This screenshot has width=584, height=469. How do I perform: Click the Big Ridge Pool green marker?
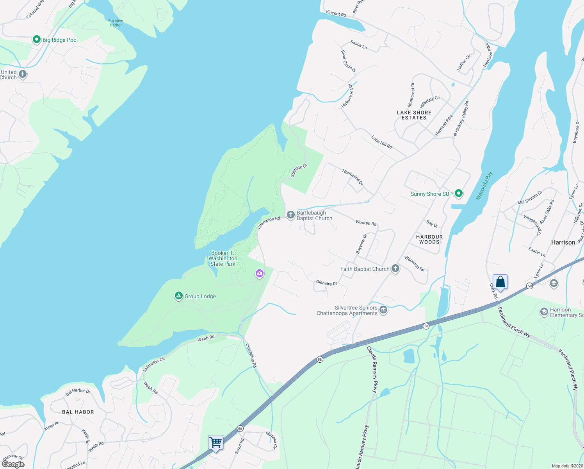[x=37, y=39]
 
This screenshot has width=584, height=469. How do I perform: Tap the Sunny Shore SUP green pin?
[x=459, y=193]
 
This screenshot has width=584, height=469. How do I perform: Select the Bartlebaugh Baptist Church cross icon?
[x=290, y=215]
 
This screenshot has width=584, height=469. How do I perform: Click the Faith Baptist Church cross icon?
[x=395, y=269]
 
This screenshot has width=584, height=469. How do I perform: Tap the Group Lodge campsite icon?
[x=178, y=296]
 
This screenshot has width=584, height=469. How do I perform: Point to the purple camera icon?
[x=260, y=274]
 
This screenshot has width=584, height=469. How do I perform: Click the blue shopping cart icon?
[x=216, y=443]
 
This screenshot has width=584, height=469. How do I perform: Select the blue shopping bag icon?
[x=500, y=282]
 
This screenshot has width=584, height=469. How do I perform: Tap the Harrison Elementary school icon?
[x=544, y=312]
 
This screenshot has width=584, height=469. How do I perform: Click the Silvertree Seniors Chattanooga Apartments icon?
[x=383, y=310]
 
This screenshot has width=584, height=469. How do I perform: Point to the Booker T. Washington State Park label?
[x=223, y=258]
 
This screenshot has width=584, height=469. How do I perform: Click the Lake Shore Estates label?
[x=414, y=115]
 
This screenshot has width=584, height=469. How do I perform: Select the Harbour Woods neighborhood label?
[x=429, y=239]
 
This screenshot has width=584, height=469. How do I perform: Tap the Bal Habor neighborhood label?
[x=78, y=412]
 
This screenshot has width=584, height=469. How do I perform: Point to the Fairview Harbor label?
[x=116, y=23]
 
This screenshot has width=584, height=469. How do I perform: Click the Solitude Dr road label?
[x=299, y=170]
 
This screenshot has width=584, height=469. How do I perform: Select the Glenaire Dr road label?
[x=326, y=283]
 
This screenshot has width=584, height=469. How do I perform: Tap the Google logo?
[x=13, y=464]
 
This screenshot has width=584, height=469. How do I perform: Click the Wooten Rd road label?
[x=366, y=223]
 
